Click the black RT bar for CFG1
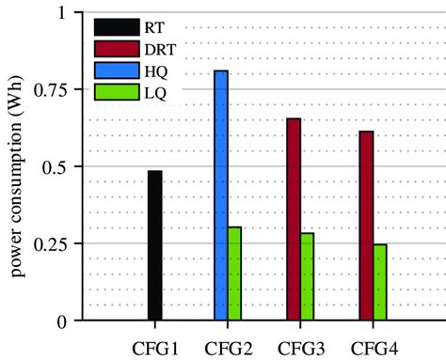pos(154,246)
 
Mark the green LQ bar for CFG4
pos(380,282)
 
